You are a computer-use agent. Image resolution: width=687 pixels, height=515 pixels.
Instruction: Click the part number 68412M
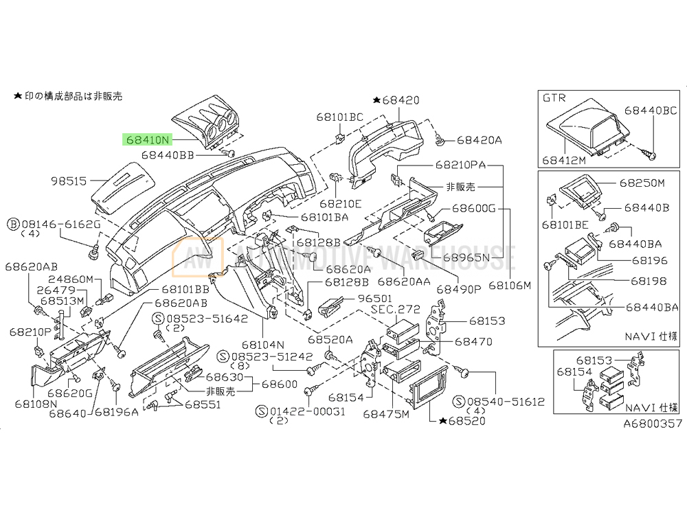(563, 160)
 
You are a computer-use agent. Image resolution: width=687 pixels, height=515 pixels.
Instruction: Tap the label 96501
(372, 299)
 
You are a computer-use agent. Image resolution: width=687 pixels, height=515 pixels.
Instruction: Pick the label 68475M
(386, 413)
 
